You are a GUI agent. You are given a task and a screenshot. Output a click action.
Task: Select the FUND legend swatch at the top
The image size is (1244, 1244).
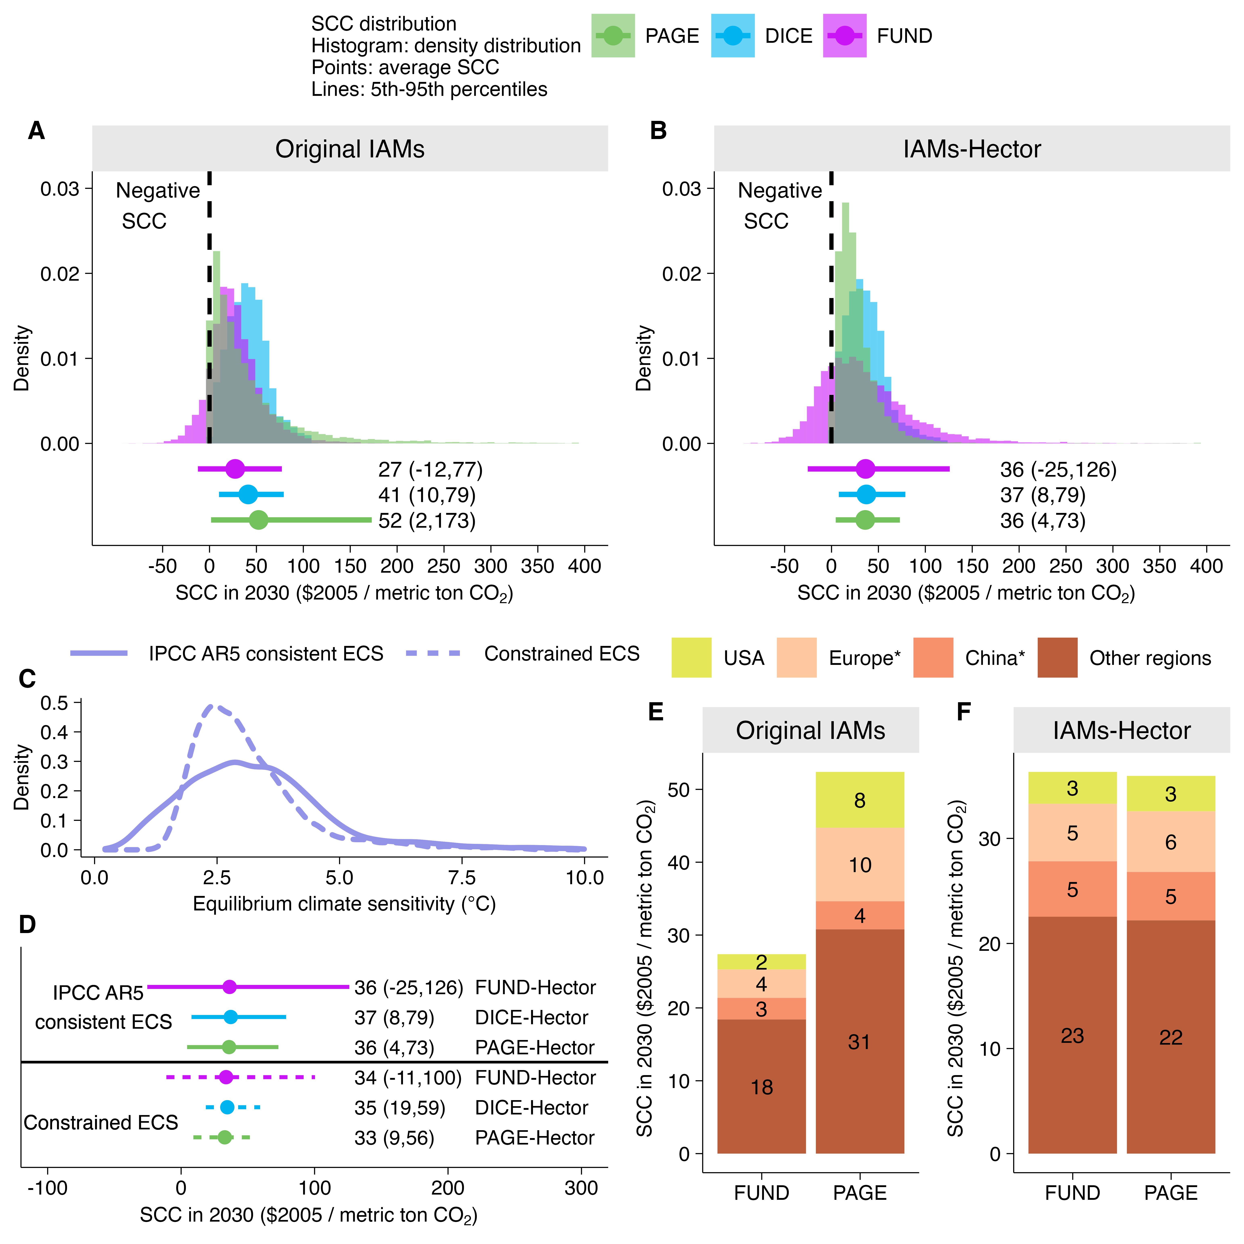pos(844,36)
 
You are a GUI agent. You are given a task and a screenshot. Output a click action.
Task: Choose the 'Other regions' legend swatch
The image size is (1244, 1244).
pos(1057,657)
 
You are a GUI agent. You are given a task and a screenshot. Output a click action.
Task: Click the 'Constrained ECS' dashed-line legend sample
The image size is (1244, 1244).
pos(433,654)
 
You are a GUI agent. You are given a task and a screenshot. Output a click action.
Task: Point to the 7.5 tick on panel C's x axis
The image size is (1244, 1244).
pos(462,878)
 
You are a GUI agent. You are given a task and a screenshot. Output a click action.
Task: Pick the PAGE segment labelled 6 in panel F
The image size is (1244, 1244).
pos(1171,842)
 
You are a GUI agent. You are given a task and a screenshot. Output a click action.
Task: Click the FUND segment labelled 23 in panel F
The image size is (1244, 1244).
pos(1072,1035)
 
